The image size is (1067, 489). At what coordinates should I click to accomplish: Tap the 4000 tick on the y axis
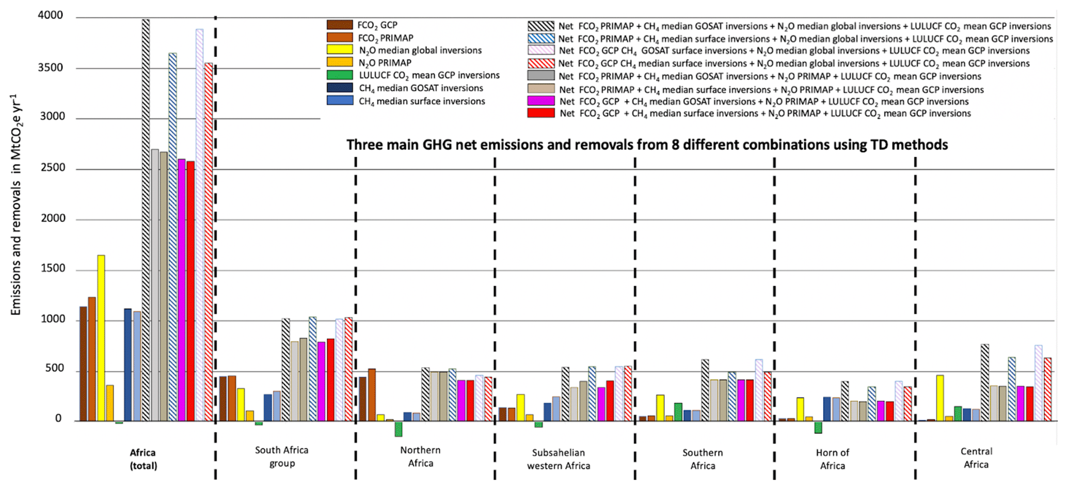51,15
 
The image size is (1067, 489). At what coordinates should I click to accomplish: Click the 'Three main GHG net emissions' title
647,145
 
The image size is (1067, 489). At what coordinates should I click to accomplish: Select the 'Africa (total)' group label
143,459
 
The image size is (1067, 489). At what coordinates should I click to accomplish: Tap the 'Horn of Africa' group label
832,459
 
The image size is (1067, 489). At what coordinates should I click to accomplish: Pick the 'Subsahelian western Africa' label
559,459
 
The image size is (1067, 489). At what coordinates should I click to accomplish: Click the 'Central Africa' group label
976,458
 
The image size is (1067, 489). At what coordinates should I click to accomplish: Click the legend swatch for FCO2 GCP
340,25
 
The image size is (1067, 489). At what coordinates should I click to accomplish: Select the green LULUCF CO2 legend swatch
340,75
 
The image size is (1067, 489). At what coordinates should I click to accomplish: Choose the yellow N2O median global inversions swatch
340,50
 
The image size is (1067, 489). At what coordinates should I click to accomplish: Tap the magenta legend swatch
541,101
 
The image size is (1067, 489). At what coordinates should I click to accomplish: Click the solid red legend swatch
541,113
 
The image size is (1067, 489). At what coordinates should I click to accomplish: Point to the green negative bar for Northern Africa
399,429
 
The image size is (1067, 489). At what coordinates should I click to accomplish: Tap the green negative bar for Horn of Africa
818,427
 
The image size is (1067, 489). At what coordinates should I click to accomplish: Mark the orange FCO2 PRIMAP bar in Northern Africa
372,395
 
